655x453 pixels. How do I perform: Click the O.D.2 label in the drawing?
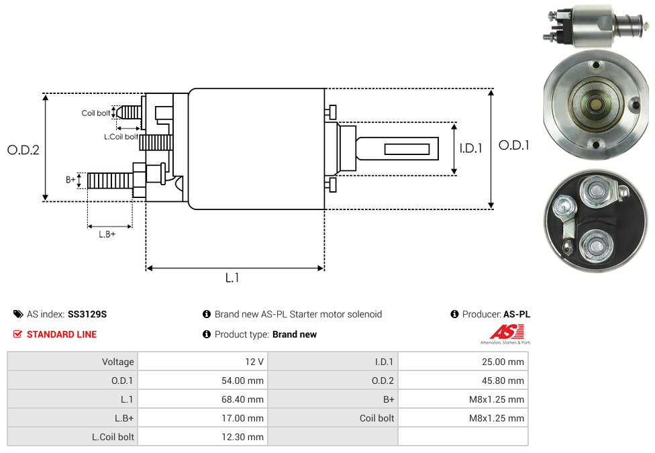click(x=23, y=150)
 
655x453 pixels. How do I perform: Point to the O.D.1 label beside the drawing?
click(x=514, y=145)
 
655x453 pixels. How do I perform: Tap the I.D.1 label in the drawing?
click(x=470, y=148)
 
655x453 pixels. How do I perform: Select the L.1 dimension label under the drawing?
click(x=232, y=278)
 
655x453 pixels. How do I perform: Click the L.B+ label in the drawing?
click(x=107, y=234)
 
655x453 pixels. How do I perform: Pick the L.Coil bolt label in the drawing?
click(x=121, y=137)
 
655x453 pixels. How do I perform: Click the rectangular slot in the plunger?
click(x=407, y=148)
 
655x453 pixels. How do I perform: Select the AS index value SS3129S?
click(x=87, y=314)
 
